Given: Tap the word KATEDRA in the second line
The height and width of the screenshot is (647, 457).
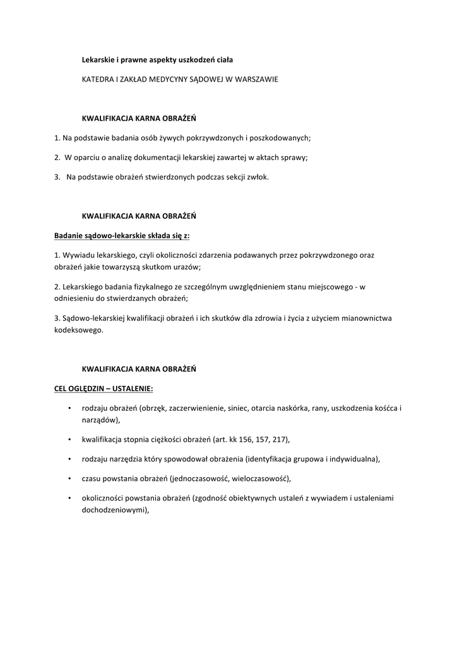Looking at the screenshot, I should (x=98, y=80).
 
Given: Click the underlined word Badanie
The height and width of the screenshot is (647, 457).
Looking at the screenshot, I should (x=69, y=236).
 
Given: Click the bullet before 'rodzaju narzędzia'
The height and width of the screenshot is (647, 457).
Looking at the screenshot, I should (x=68, y=459).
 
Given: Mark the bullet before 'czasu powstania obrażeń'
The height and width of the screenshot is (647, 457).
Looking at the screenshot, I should (x=68, y=478).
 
